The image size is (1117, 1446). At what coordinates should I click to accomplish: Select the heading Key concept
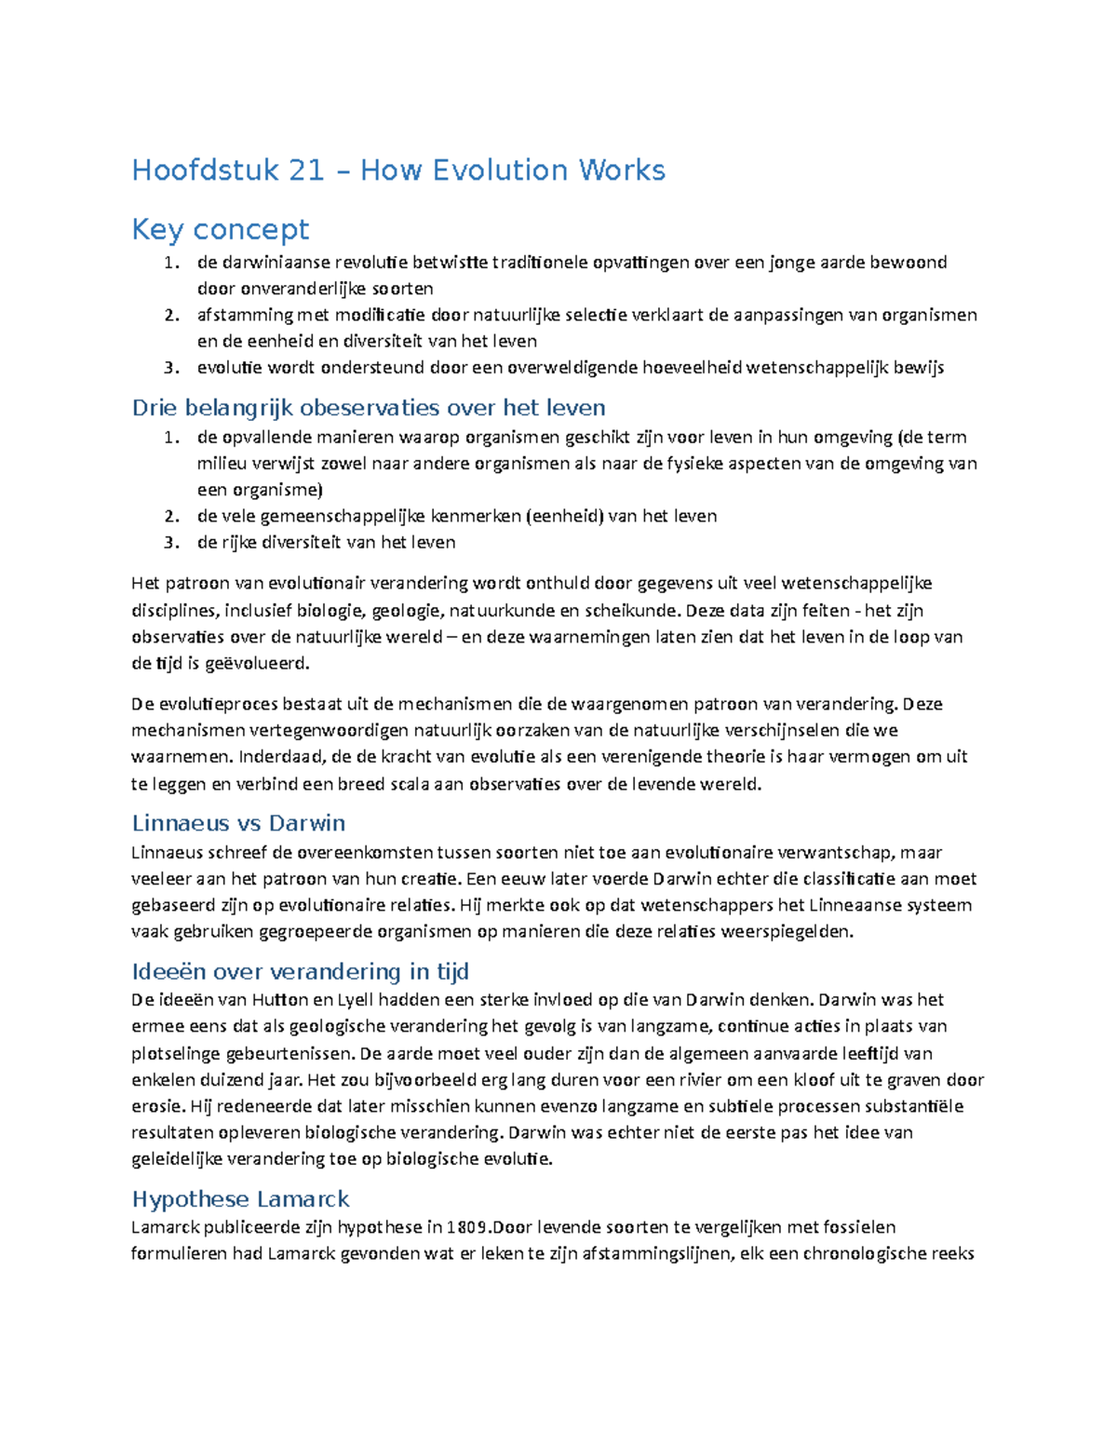coord(221,229)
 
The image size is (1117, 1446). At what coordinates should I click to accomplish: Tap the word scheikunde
coord(631,611)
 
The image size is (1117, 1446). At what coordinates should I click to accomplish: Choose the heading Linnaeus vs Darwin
coord(238,823)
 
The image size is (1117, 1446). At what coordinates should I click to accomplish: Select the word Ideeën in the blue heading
coord(169,972)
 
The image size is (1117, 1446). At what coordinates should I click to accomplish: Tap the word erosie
coord(157,1107)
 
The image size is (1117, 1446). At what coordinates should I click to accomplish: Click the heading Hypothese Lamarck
coord(240,1198)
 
